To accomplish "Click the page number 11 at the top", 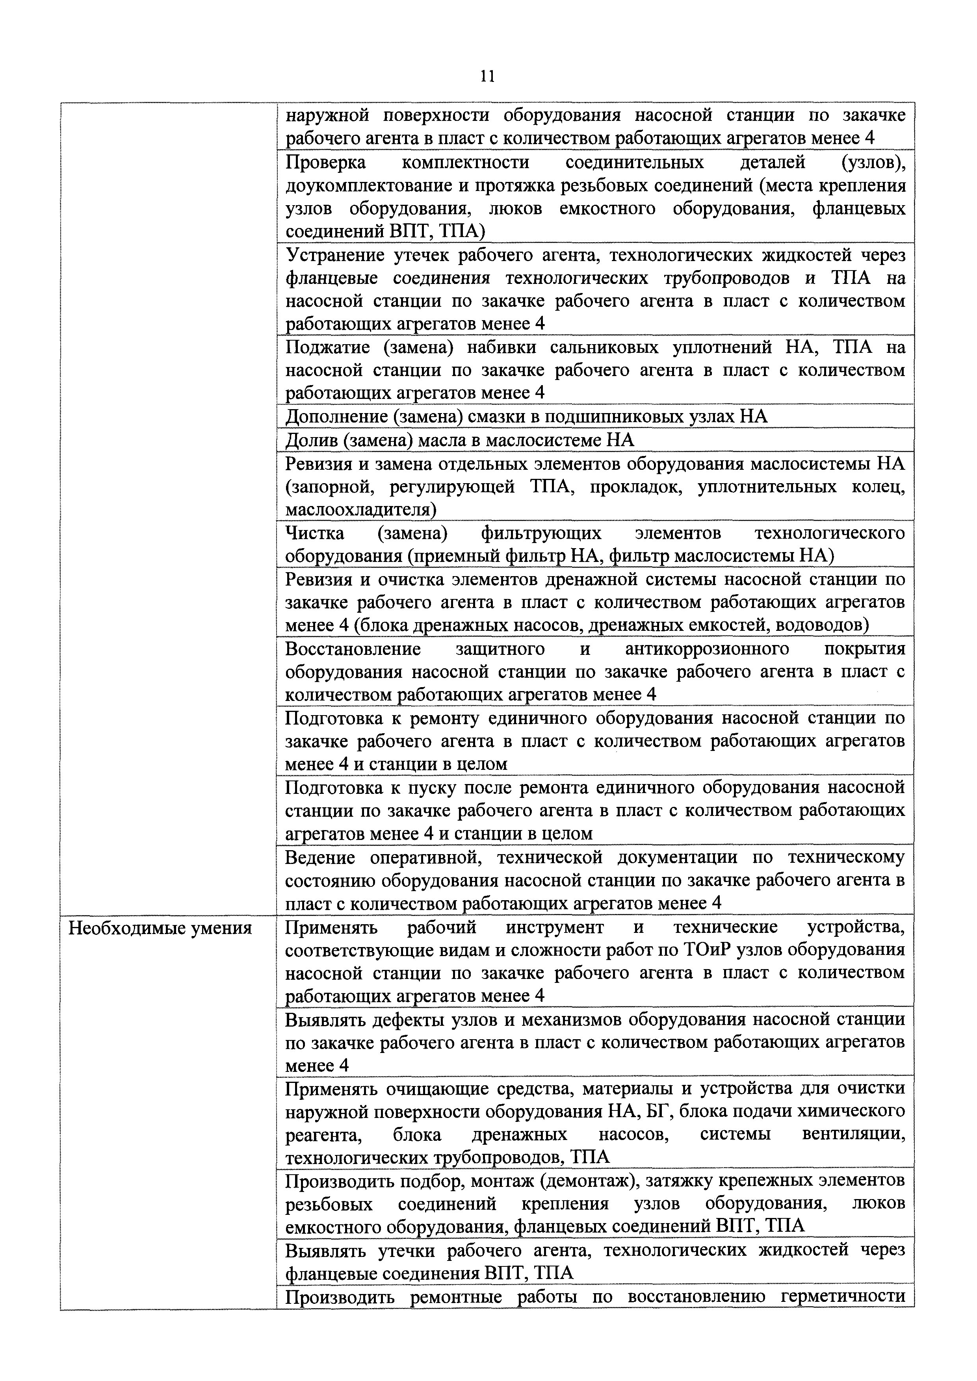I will (487, 76).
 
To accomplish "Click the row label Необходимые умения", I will (160, 928).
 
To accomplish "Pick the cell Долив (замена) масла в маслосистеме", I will (460, 440).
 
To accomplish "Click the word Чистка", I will (315, 533).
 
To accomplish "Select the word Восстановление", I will (353, 649).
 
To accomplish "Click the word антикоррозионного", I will (707, 649).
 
